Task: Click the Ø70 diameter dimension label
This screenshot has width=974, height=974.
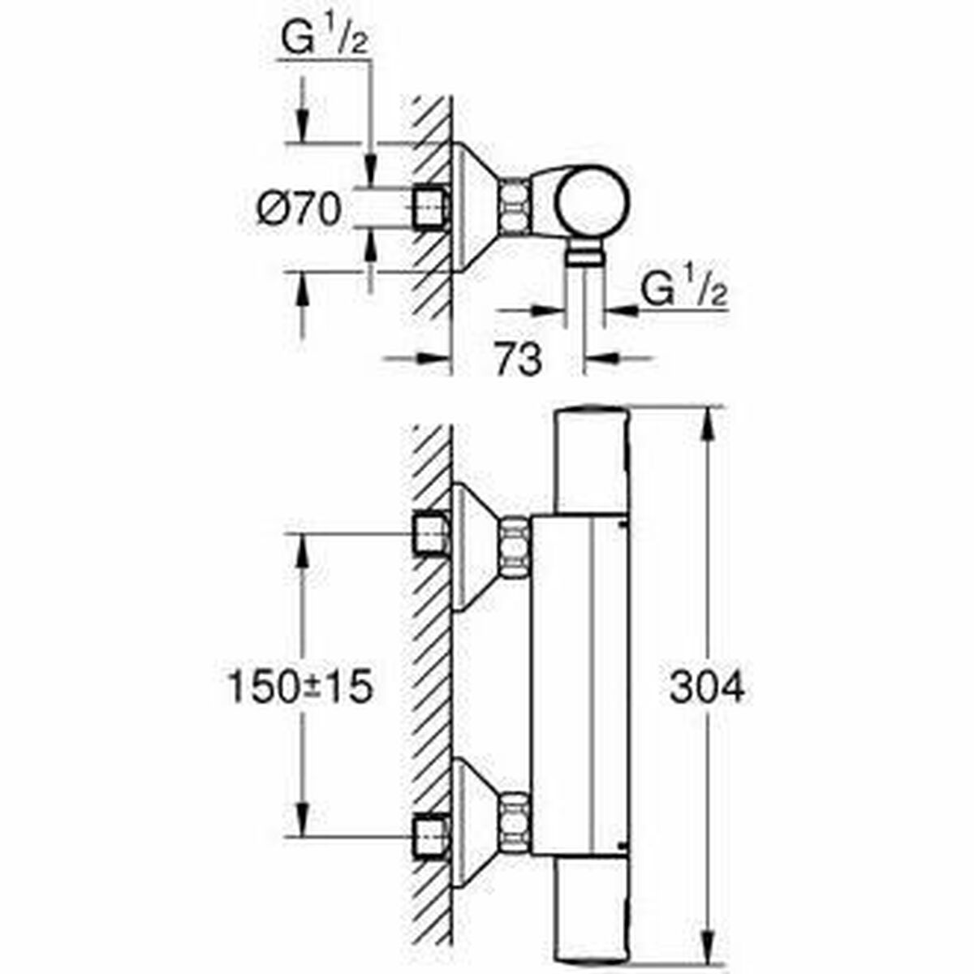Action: pyautogui.click(x=299, y=210)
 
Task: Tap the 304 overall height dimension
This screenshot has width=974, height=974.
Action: pyautogui.click(x=706, y=688)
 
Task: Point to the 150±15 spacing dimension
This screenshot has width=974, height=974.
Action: pyautogui.click(x=299, y=688)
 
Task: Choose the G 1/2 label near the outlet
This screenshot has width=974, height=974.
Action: pyautogui.click(x=683, y=291)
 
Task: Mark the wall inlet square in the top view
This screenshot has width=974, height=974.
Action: pyautogui.click(x=430, y=209)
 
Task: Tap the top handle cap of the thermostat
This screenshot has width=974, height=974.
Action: pyautogui.click(x=591, y=459)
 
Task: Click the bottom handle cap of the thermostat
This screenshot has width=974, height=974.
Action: pyautogui.click(x=591, y=909)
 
